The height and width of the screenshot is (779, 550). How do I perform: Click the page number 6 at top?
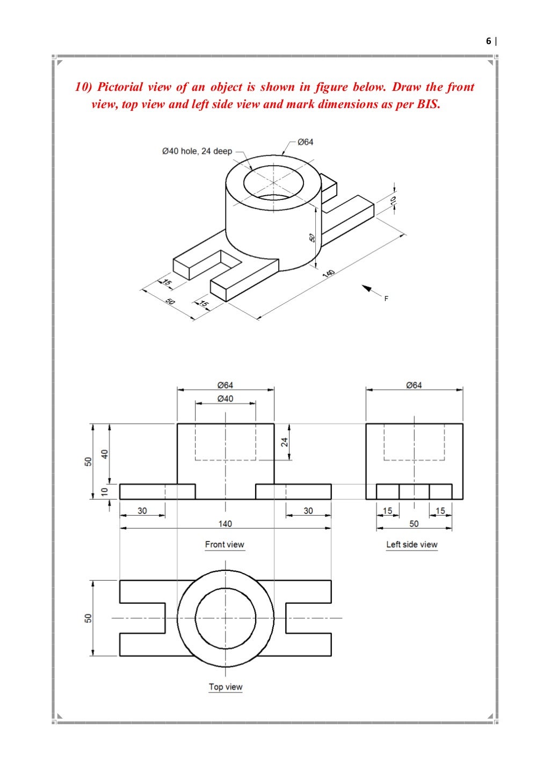click(x=488, y=41)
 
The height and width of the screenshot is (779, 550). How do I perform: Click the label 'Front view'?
click(x=225, y=545)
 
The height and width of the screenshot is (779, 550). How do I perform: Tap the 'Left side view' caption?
click(x=412, y=545)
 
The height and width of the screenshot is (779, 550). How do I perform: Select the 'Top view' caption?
click(x=226, y=687)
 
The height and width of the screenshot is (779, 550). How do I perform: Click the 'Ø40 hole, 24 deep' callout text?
click(x=197, y=152)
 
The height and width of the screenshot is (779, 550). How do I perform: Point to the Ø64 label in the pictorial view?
click(x=305, y=142)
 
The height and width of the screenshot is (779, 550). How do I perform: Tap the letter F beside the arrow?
click(x=386, y=298)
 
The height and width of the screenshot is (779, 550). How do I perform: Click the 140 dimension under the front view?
click(x=225, y=523)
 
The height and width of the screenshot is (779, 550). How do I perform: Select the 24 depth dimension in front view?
click(x=285, y=442)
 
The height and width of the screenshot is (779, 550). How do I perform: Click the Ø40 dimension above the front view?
click(x=225, y=399)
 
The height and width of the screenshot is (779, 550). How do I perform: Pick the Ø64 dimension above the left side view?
click(x=414, y=385)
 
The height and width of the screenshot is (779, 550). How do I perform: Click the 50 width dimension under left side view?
click(x=414, y=523)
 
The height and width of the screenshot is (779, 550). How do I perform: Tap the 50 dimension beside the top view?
click(x=88, y=618)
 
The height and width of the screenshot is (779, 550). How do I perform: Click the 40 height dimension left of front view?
click(x=105, y=453)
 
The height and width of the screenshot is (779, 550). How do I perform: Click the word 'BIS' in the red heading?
click(x=427, y=104)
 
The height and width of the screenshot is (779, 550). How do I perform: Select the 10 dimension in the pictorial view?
click(x=393, y=200)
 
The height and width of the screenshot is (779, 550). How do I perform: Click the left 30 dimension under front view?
click(x=142, y=511)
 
